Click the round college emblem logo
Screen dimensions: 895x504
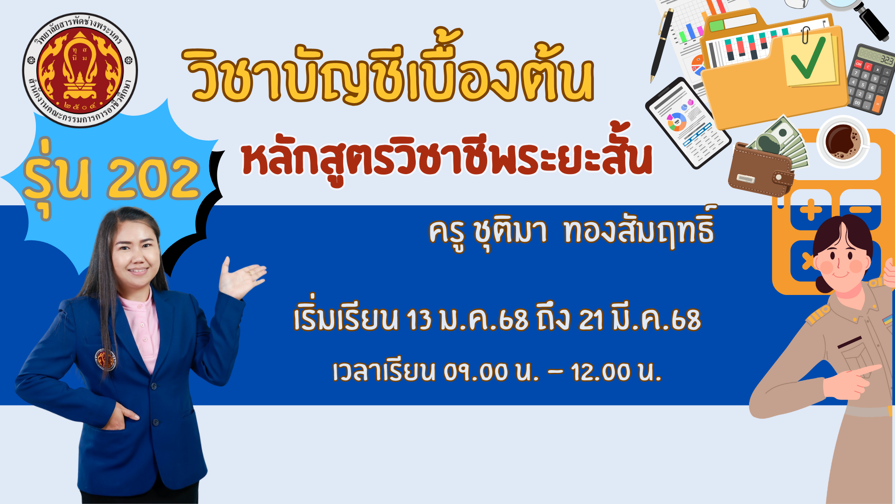click(80, 70)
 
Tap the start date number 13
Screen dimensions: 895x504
click(419, 320)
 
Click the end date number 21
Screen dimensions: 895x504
click(591, 320)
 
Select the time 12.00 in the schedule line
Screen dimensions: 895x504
click(601, 372)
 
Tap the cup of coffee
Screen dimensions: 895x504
click(843, 141)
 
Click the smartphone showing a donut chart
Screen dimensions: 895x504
click(688, 123)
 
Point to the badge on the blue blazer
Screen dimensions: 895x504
click(105, 359)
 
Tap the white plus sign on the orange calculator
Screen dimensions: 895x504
click(811, 210)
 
